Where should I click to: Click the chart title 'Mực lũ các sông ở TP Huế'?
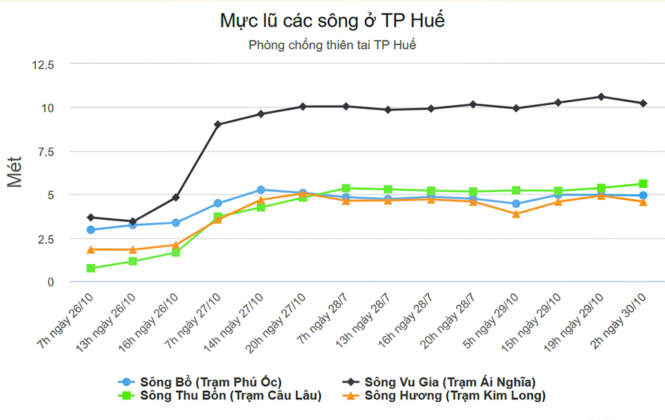[x=332, y=21]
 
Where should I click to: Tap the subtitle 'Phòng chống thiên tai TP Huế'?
[x=332, y=46]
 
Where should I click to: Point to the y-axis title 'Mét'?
[x=15, y=171]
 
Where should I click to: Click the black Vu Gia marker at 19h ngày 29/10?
[x=601, y=97]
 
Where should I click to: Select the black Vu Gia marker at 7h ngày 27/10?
[x=218, y=124]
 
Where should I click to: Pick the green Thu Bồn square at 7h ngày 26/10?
[x=90, y=268]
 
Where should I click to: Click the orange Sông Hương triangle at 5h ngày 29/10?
[x=516, y=214]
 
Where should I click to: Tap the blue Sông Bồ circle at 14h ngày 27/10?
[x=261, y=190]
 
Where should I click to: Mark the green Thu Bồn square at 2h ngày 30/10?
[x=644, y=184]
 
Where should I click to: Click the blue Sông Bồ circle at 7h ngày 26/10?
[x=90, y=230]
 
